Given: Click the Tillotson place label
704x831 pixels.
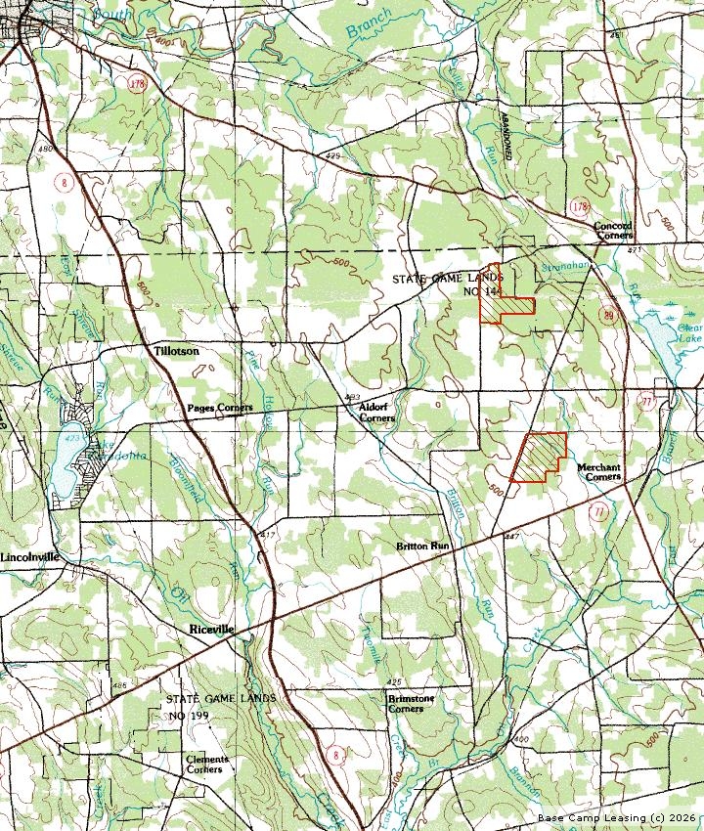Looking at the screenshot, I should pos(176,350).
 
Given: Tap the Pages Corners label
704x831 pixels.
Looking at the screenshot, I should pos(220,407).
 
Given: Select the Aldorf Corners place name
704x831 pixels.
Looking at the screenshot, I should pos(376,412).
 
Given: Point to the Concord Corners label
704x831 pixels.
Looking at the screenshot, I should pos(613,231).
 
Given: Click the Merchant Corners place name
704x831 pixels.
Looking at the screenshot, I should pos(598,472).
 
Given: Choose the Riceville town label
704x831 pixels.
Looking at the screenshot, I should pos(211,631).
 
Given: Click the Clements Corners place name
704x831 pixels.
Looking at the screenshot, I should pos(207,764).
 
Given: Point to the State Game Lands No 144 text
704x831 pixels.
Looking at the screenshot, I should pos(447,284).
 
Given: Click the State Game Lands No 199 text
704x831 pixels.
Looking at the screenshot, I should pos(220,707).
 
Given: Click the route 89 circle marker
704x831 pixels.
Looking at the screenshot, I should pos(609,314).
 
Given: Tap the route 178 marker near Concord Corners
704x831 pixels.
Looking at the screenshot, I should pos(580,207).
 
